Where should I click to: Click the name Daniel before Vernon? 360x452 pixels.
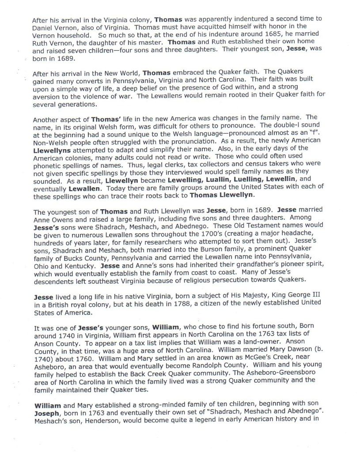point(43,27)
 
